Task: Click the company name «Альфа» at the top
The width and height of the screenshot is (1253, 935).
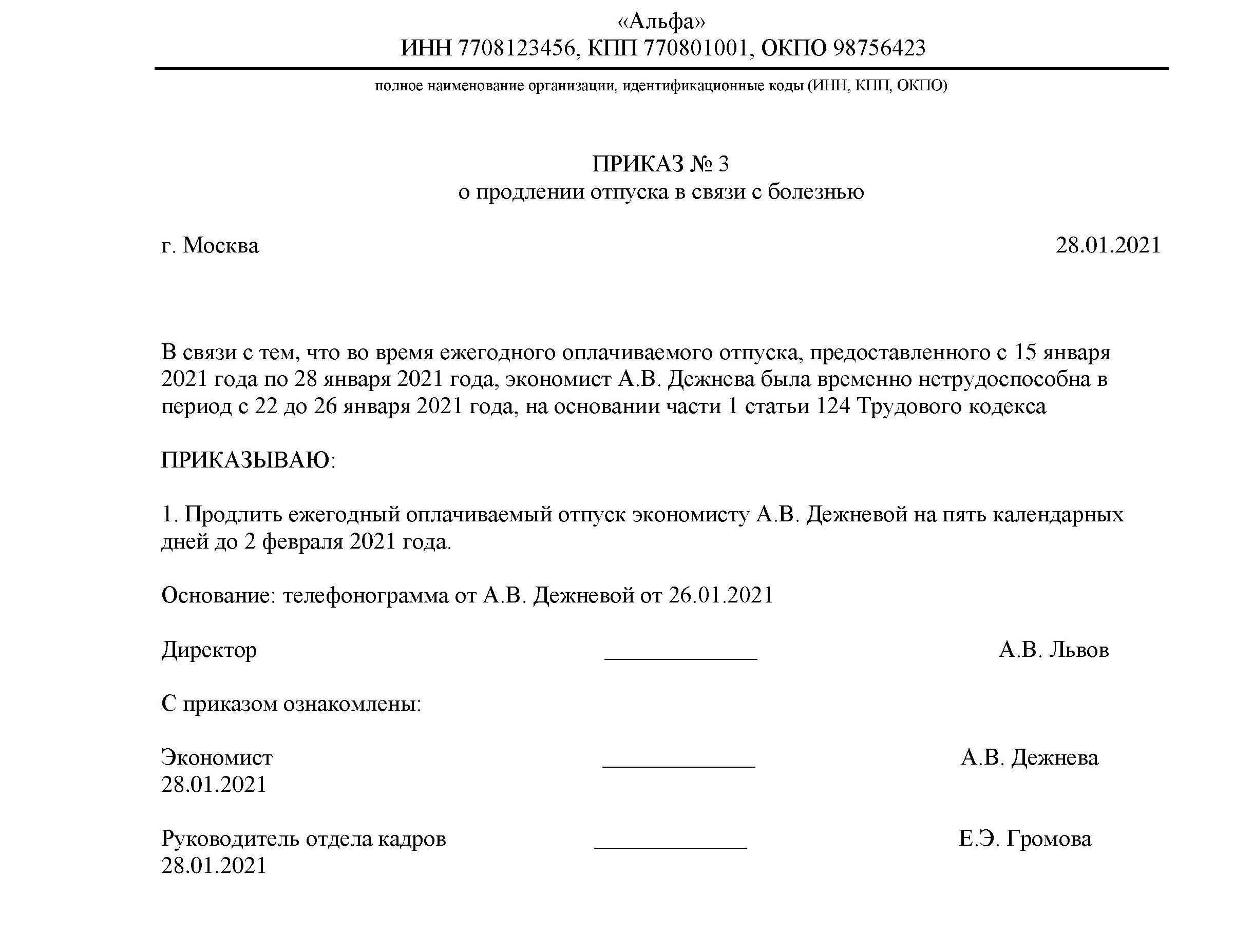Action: point(661,22)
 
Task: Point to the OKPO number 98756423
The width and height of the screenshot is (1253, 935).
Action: point(879,48)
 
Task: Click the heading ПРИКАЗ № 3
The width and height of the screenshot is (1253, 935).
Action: point(660,164)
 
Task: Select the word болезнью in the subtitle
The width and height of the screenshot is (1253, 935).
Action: point(815,192)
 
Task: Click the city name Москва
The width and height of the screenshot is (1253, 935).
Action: point(221,246)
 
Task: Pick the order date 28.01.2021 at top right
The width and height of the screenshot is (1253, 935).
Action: point(1108,246)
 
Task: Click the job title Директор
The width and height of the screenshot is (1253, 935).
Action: point(209,650)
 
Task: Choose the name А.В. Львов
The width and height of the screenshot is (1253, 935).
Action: point(1053,650)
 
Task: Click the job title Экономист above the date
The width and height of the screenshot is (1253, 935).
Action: point(217,757)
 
